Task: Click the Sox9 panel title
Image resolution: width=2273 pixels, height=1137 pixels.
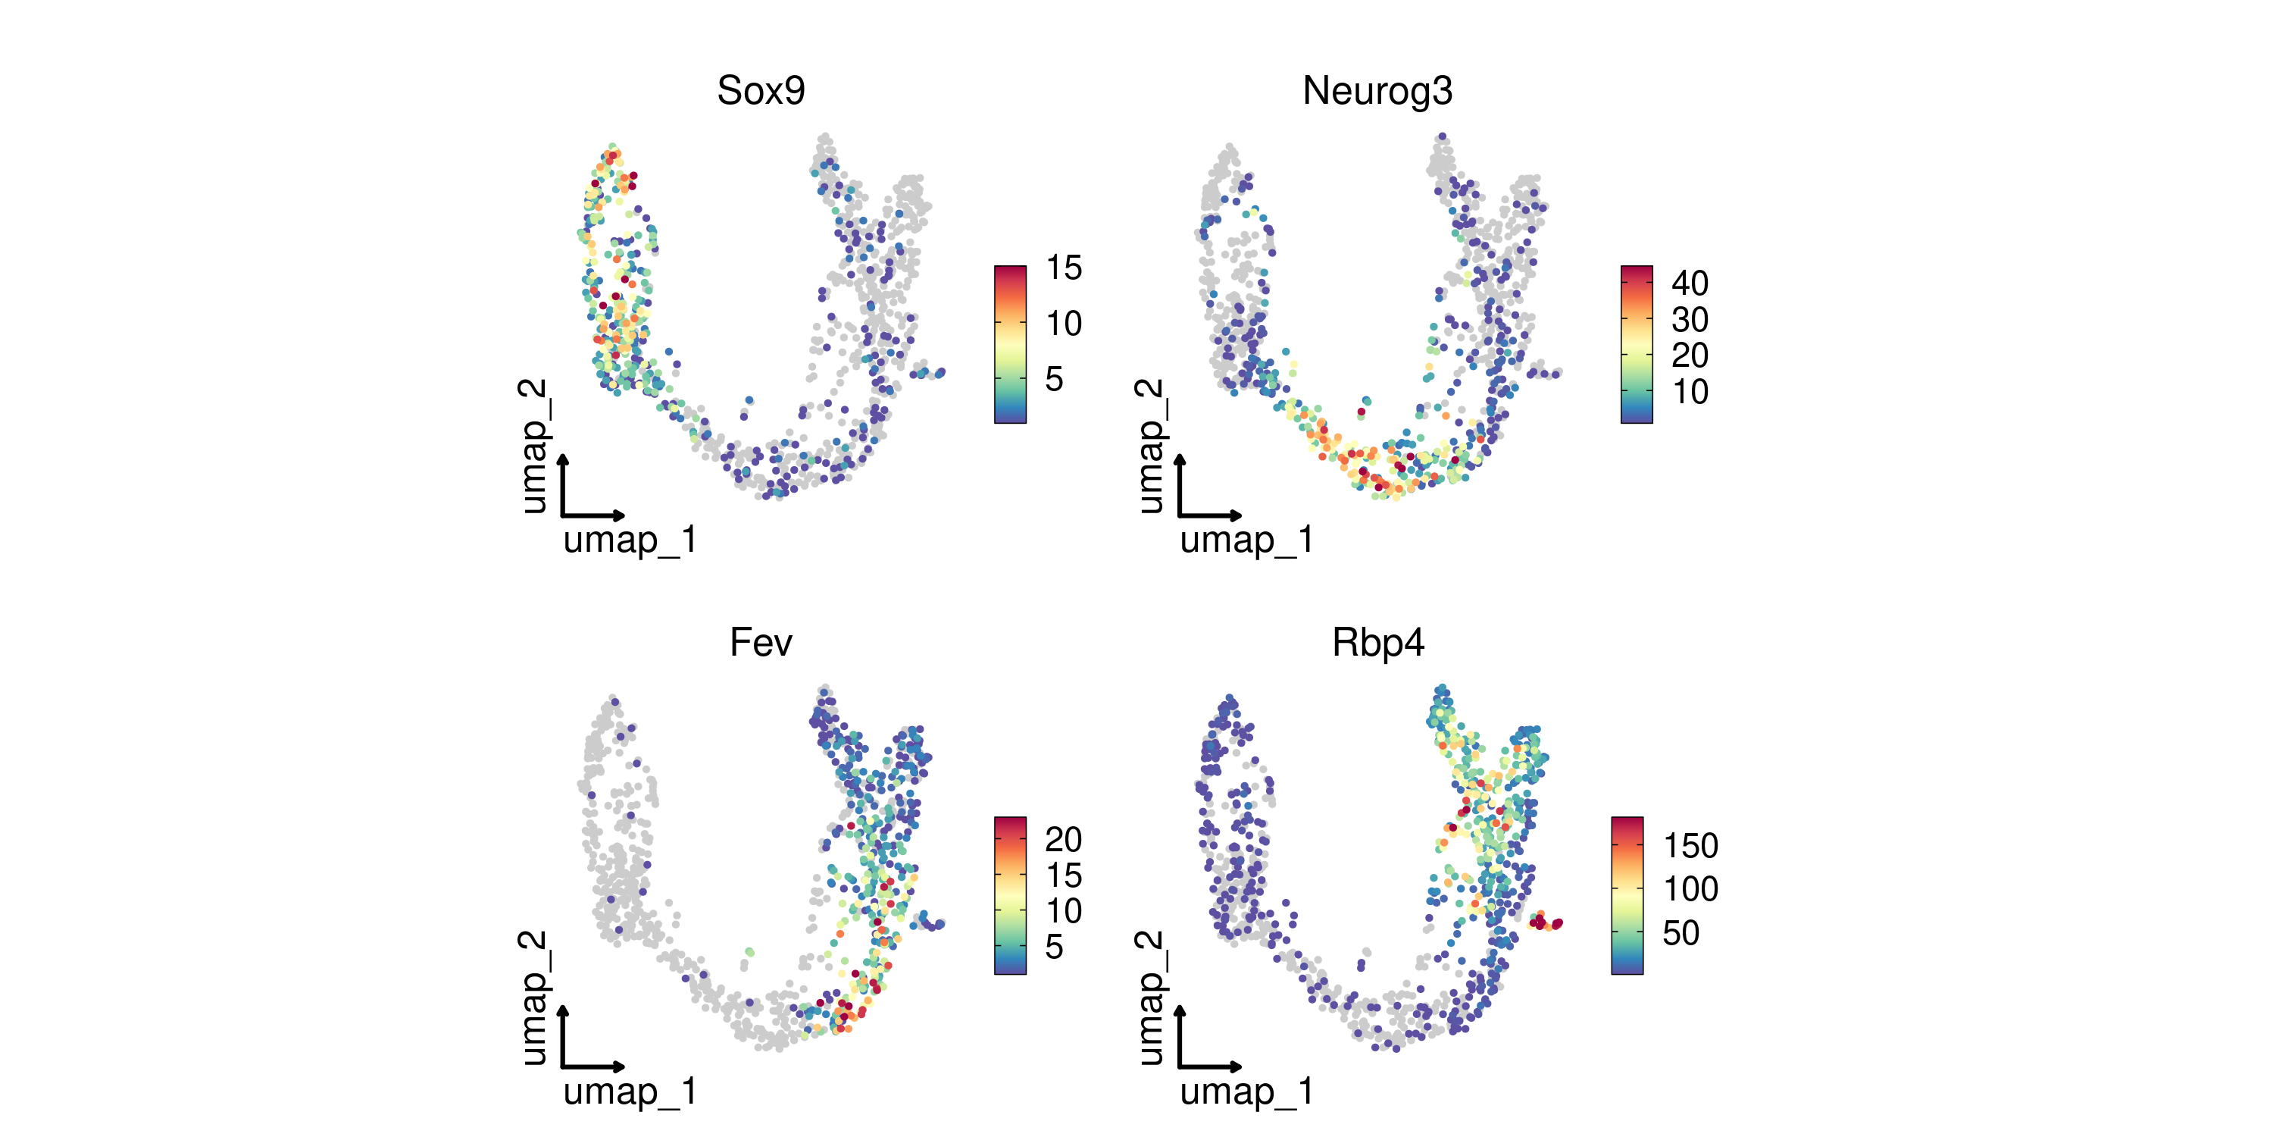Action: [761, 91]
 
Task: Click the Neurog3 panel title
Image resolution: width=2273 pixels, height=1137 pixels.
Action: [1377, 91]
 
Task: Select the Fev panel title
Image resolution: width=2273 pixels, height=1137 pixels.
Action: [761, 643]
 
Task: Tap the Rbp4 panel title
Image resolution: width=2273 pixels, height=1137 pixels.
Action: [1377, 643]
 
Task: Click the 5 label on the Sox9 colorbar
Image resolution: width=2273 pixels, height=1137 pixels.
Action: [1054, 379]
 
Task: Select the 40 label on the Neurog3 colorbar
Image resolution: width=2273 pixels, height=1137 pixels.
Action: [1689, 283]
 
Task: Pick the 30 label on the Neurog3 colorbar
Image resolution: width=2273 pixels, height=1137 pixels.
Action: [1689, 320]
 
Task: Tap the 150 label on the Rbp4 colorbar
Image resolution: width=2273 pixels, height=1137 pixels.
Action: [1690, 846]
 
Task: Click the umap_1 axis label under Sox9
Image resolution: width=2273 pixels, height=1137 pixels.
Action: [630, 540]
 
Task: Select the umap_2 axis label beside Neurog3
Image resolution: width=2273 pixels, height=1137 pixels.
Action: [1149, 446]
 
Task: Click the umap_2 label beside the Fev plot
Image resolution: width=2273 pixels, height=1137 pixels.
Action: [533, 998]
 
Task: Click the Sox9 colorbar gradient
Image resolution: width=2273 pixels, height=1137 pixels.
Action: [1010, 344]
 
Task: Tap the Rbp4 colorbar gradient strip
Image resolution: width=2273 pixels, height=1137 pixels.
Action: [1627, 896]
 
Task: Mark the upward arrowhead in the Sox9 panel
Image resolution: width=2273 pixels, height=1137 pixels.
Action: [563, 461]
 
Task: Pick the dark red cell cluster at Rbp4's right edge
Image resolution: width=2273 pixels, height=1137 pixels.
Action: [1544, 923]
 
